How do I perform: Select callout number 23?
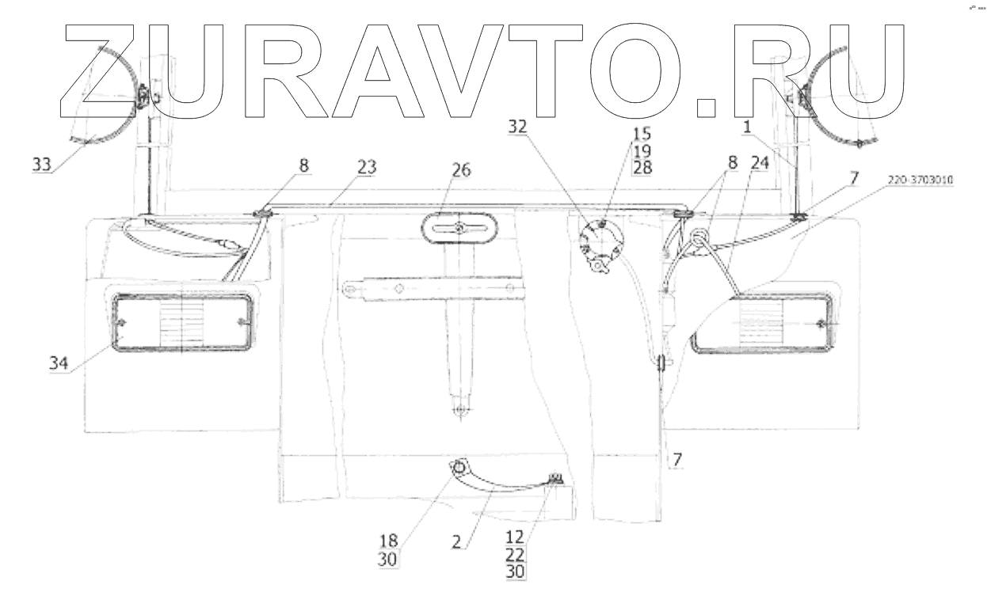tap(367, 168)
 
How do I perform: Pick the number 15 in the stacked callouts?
tap(640, 132)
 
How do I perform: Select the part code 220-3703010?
tap(920, 180)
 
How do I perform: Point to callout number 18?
tap(389, 541)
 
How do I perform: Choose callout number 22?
tap(515, 554)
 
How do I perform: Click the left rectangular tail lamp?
tap(182, 321)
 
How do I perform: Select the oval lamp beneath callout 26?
tap(459, 229)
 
